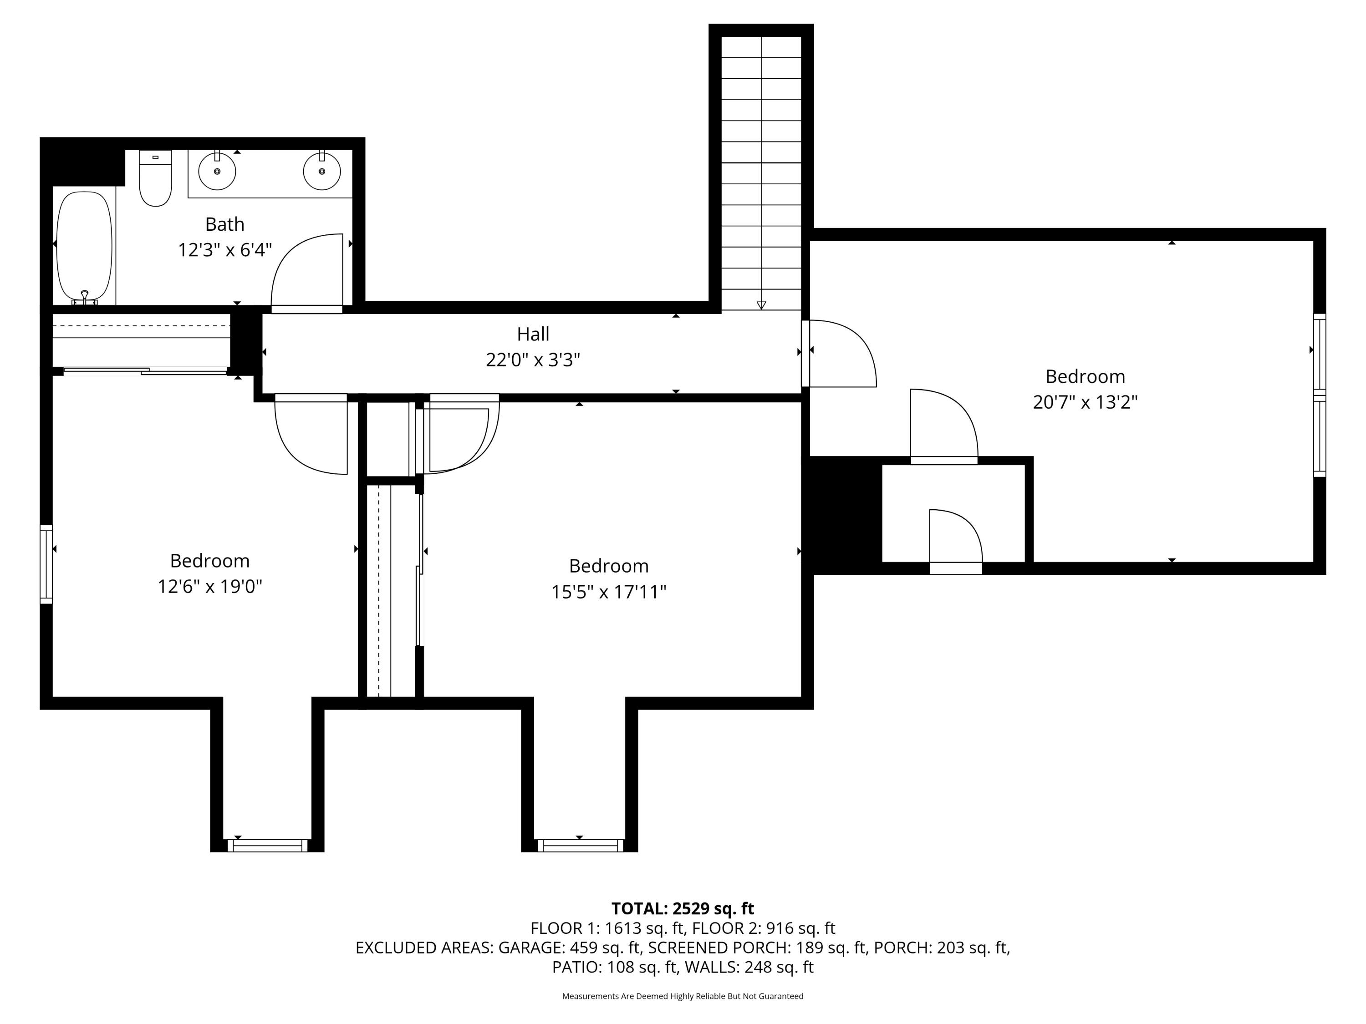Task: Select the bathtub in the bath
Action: pyautogui.click(x=84, y=246)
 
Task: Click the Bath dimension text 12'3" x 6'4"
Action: pyautogui.click(x=225, y=250)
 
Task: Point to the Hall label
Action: pyautogui.click(x=533, y=334)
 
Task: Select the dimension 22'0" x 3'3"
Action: pyautogui.click(x=533, y=360)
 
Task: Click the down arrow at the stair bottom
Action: pyautogui.click(x=761, y=305)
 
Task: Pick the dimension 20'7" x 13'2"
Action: pyautogui.click(x=1085, y=402)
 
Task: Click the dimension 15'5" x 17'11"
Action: pyautogui.click(x=608, y=592)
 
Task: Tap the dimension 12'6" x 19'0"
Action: pyautogui.click(x=210, y=586)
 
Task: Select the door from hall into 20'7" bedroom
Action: pyautogui.click(x=840, y=353)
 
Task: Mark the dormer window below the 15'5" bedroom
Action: pyautogui.click(x=579, y=846)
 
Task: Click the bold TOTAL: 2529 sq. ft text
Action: pyautogui.click(x=683, y=908)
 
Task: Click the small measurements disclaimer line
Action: pyautogui.click(x=683, y=996)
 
